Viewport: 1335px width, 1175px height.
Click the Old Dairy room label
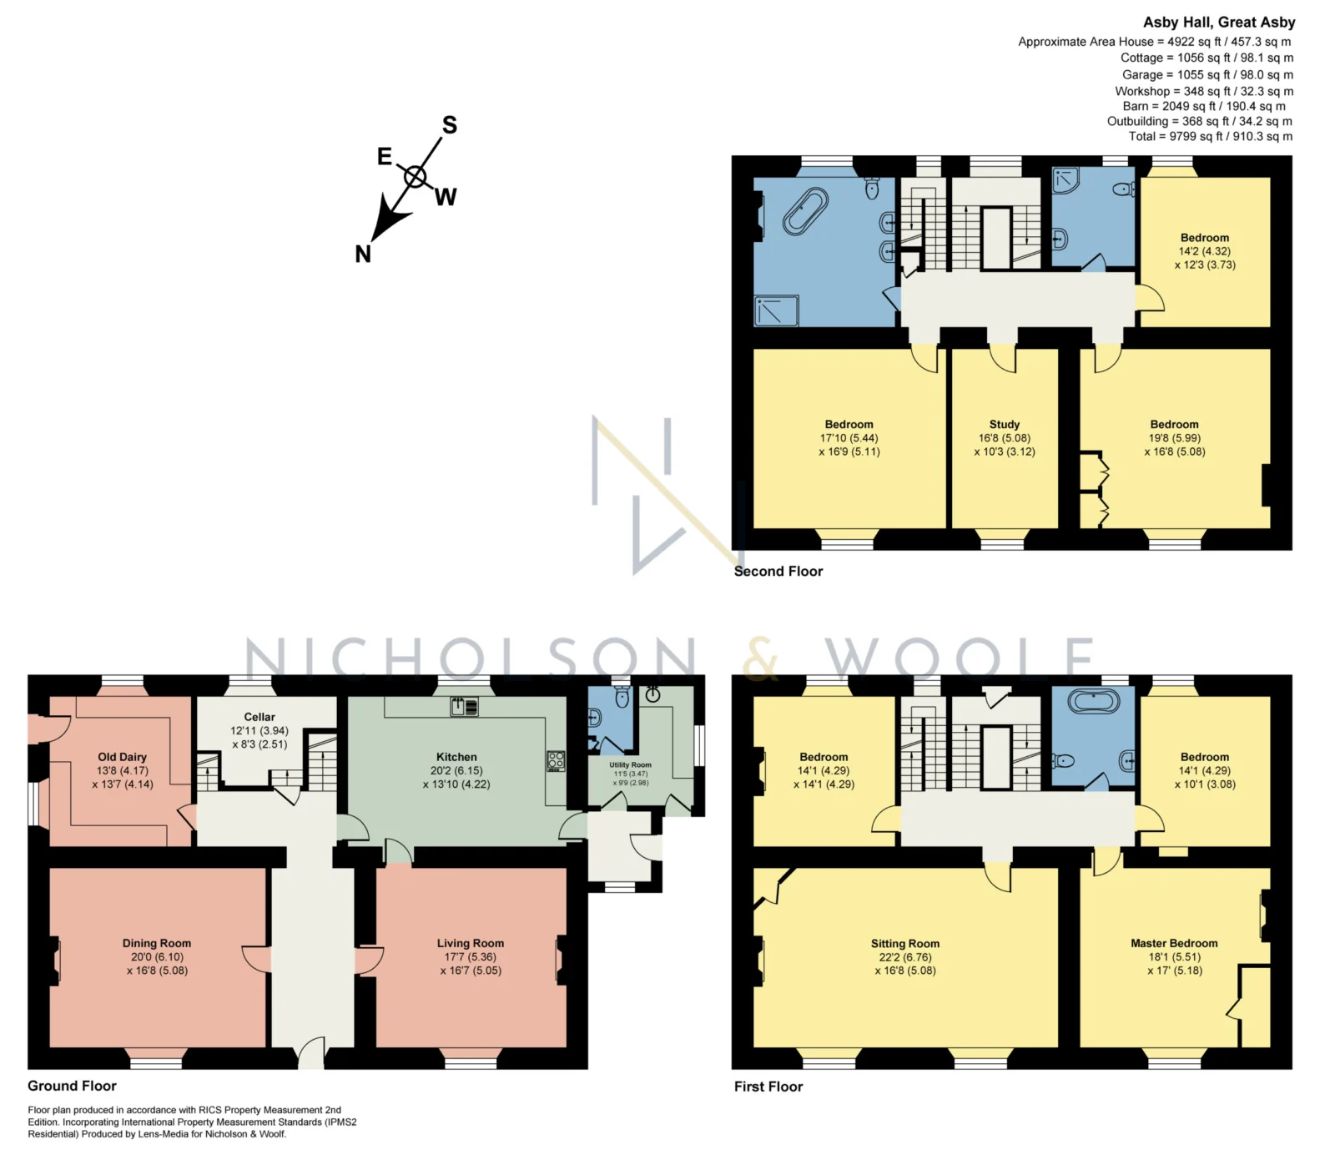coord(122,757)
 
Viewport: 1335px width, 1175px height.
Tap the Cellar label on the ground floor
coord(259,717)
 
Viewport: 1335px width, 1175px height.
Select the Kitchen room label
coord(456,757)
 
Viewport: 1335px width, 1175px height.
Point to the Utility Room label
coord(630,764)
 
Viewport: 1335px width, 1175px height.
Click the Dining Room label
coord(157,943)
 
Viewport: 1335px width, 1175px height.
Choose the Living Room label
coord(471,943)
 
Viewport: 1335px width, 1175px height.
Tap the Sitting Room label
coord(905,943)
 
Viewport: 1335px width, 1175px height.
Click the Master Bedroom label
coord(1174,943)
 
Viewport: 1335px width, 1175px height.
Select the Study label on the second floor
coord(1005,424)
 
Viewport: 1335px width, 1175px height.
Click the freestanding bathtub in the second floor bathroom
coord(805,211)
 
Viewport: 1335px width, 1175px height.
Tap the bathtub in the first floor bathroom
coord(1094,701)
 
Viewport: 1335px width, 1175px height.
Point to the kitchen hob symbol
coord(556,761)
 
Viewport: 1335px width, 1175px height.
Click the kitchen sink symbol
coord(465,707)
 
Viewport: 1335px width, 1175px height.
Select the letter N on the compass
coord(363,254)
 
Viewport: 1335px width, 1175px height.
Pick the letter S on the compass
coord(450,125)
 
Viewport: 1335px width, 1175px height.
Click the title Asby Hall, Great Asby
coord(1219,23)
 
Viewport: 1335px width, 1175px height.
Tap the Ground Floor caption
coord(72,1086)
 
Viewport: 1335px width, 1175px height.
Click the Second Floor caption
coord(778,571)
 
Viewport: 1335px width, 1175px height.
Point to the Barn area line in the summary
coord(1204,106)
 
